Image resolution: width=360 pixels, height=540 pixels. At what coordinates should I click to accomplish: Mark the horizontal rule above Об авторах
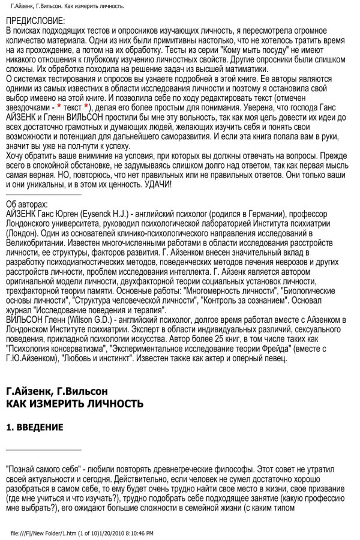pos(43,194)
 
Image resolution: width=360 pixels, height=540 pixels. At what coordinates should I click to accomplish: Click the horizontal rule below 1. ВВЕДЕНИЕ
pos(43,449)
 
